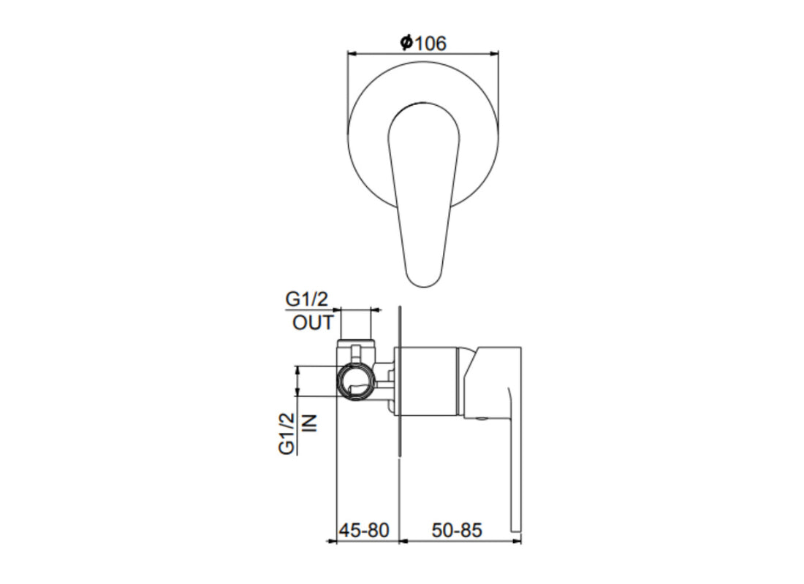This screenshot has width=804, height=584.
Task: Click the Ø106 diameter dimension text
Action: click(423, 43)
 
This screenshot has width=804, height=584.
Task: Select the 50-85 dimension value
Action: click(457, 530)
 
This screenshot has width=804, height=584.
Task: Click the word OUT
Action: click(313, 323)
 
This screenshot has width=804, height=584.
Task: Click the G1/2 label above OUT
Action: click(306, 299)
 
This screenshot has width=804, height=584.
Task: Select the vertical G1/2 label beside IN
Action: click(287, 434)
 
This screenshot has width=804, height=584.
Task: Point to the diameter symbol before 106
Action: click(406, 44)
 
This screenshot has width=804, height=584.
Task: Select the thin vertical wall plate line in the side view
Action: click(399, 438)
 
